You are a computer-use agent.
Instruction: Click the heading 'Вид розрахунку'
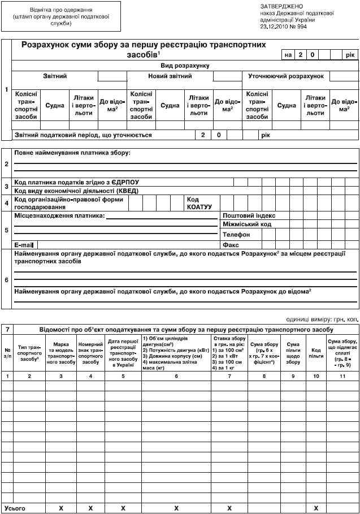point(184,66)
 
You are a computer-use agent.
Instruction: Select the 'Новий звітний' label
point(170,76)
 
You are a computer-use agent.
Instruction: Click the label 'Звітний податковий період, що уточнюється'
point(84,135)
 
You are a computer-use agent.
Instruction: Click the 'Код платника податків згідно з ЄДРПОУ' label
point(77,182)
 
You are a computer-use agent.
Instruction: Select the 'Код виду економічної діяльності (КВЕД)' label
point(76,191)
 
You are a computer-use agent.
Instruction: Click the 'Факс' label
point(231,245)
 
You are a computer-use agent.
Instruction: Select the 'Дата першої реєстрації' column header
point(123,351)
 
